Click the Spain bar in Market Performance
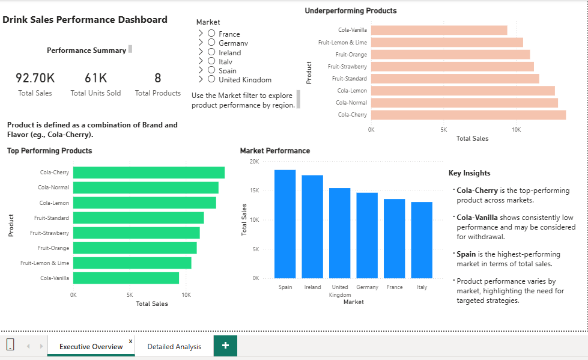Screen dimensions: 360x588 [285, 224]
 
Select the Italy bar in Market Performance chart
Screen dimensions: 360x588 [422, 240]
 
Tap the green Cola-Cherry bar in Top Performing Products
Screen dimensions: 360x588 [148, 172]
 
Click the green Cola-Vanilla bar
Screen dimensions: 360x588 [126, 278]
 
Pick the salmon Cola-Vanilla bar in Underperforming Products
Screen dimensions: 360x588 [439, 30]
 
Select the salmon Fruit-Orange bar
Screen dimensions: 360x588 [450, 54]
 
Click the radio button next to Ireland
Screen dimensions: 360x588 [211, 52]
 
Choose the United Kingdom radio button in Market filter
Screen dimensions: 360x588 [211, 79]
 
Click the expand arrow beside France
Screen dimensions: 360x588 [201, 34]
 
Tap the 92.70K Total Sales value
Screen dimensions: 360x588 [35, 78]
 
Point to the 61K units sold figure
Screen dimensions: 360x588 [95, 78]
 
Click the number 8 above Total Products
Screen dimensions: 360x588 [158, 78]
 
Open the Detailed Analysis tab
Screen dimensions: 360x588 [174, 347]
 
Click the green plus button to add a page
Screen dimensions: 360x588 [225, 346]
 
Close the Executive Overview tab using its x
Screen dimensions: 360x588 [130, 340]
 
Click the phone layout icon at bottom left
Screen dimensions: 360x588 [10, 345]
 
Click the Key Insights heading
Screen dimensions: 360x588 [469, 173]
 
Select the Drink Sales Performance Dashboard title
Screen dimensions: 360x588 [85, 20]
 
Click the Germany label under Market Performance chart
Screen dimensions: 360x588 [367, 287]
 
